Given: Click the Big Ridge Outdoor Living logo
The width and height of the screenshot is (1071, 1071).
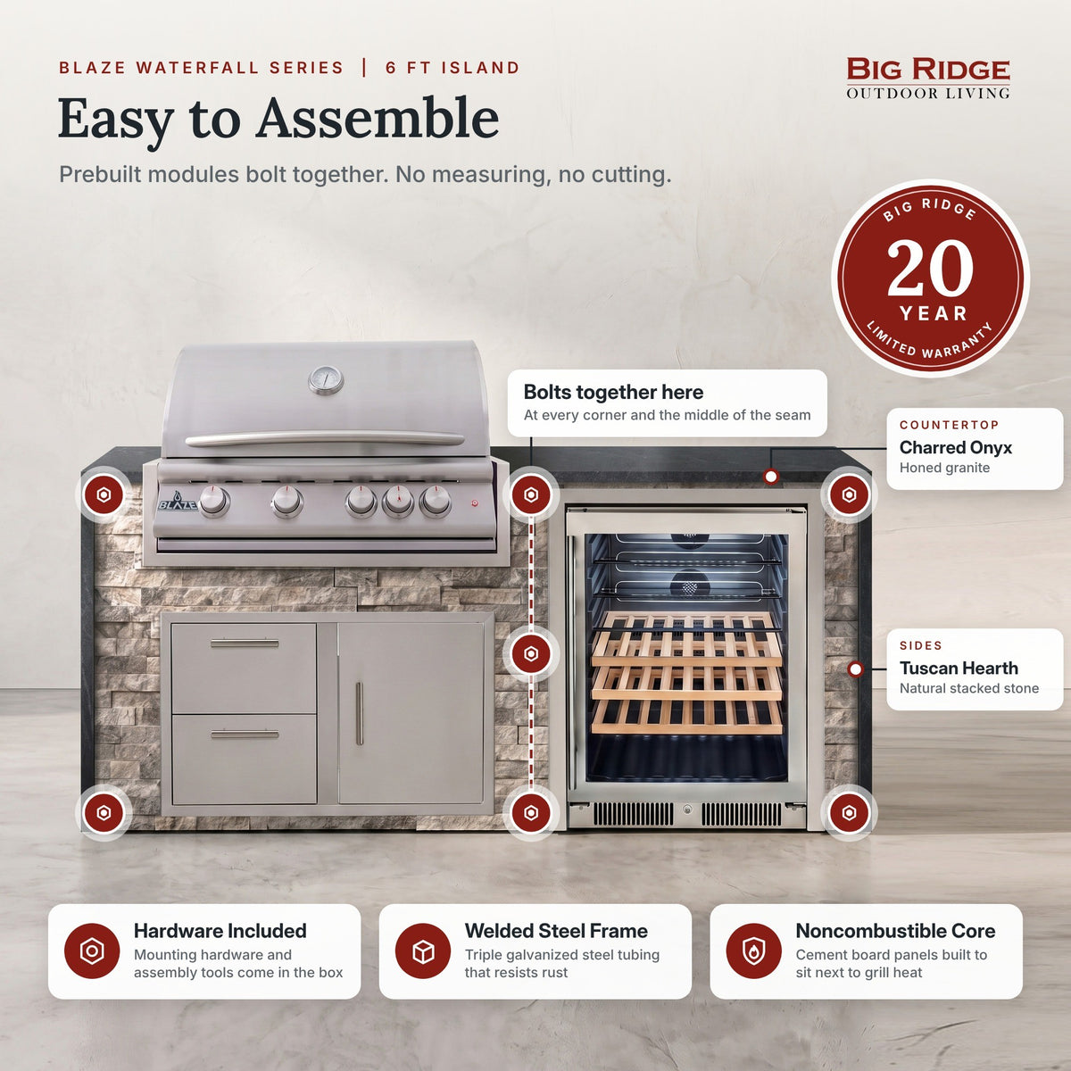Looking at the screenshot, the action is pyautogui.click(x=927, y=79).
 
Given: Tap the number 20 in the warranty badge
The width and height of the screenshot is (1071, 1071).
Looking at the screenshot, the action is pyautogui.click(x=930, y=269).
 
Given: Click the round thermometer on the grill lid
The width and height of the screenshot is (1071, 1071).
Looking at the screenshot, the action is pyautogui.click(x=326, y=380).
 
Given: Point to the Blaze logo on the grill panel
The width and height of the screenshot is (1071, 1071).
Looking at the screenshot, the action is pyautogui.click(x=178, y=502).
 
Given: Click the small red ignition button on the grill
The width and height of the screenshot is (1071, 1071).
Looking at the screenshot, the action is pyautogui.click(x=475, y=503).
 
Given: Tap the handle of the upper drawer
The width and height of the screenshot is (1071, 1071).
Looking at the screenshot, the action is pyautogui.click(x=245, y=643).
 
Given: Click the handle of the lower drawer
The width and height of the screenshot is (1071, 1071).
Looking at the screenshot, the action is pyautogui.click(x=245, y=735).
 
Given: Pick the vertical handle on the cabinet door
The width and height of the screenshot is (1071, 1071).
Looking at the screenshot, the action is pyautogui.click(x=359, y=713).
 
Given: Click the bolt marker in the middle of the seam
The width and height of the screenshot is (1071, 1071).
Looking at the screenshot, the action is pyautogui.click(x=531, y=653).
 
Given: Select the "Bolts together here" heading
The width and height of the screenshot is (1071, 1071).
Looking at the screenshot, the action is pyautogui.click(x=613, y=392).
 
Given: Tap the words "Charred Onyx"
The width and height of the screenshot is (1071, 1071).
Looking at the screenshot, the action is pyautogui.click(x=955, y=447).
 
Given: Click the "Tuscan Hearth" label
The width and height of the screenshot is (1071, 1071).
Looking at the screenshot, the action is pyautogui.click(x=959, y=668).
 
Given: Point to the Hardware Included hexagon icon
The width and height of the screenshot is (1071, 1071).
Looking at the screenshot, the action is pyautogui.click(x=92, y=951).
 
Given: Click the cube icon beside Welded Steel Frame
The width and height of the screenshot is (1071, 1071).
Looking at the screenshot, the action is pyautogui.click(x=423, y=951).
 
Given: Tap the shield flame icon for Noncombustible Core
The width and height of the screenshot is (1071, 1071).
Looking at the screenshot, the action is pyautogui.click(x=753, y=951).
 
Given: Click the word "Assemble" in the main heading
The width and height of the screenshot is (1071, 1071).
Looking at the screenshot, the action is pyautogui.click(x=377, y=119).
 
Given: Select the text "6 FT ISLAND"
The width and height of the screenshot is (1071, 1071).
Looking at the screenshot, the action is pyautogui.click(x=452, y=68).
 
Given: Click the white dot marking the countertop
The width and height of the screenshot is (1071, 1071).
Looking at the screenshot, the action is pyautogui.click(x=770, y=477).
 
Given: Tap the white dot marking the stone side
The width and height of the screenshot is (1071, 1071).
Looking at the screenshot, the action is pyautogui.click(x=855, y=669).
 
